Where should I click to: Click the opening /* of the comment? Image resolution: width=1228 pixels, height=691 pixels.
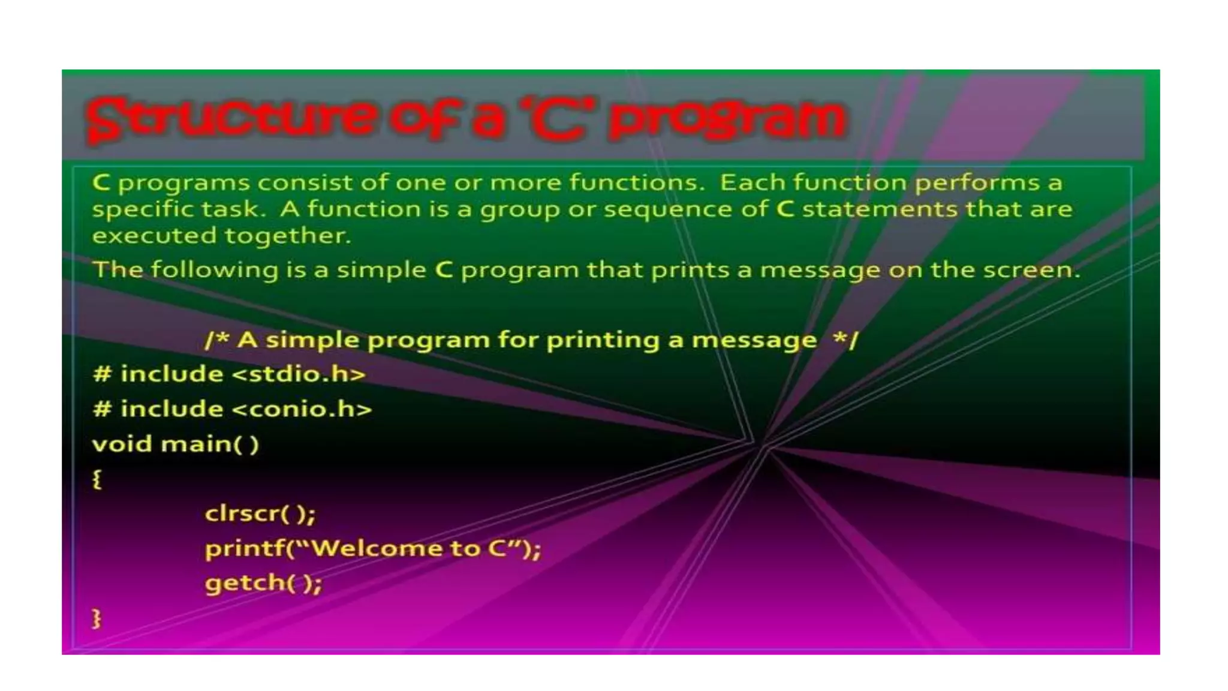tap(217, 340)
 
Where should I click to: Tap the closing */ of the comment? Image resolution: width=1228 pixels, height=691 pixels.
tap(846, 340)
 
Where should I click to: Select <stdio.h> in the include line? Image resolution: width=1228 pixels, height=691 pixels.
tap(298, 374)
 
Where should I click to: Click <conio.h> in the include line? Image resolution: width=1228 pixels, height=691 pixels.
tap(301, 409)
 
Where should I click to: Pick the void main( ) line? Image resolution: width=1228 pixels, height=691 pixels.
tap(175, 444)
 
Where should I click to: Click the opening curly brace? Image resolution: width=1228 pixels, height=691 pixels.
tap(97, 479)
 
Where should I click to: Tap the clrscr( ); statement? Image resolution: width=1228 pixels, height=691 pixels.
tap(260, 513)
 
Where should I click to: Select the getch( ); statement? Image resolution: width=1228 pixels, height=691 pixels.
tap(263, 583)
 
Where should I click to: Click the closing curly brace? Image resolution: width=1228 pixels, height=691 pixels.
tap(97, 618)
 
